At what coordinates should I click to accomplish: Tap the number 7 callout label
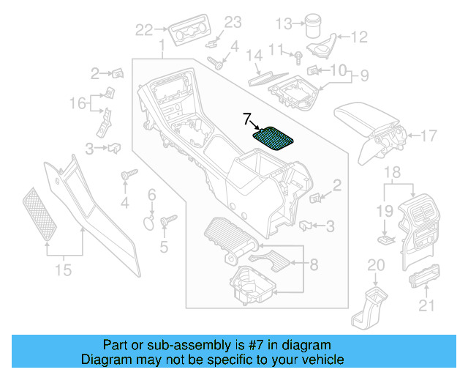pyautogui.click(x=247, y=118)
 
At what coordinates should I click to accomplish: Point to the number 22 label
pyautogui.click(x=144, y=30)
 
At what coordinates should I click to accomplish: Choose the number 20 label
pyautogui.click(x=375, y=264)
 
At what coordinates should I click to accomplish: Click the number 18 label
pyautogui.click(x=392, y=173)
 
